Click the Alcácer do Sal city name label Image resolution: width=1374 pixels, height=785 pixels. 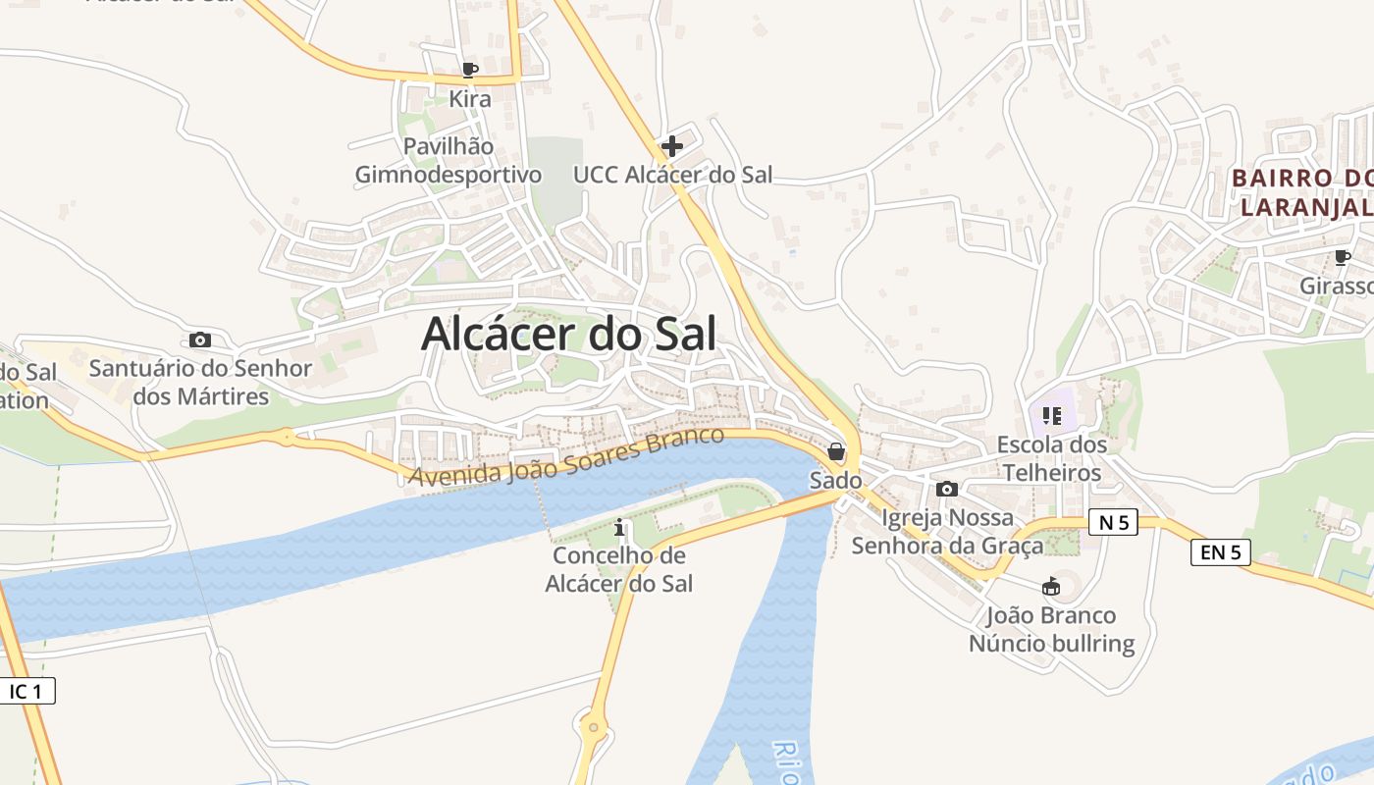point(568,334)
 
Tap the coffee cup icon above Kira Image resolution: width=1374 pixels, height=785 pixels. point(469,70)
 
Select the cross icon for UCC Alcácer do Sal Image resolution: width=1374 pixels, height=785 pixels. point(672,146)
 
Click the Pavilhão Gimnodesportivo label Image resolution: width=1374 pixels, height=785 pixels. point(449,161)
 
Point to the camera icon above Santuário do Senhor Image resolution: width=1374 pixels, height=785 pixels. point(200,340)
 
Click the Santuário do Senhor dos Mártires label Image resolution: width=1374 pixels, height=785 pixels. point(200,383)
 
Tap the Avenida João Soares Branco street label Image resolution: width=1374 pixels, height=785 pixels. point(567,457)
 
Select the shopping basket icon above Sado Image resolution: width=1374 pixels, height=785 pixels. point(836,451)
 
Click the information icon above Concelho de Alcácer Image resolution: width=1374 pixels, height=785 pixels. point(619,528)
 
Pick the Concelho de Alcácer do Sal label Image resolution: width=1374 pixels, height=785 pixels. point(619,569)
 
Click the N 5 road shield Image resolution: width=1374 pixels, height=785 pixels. point(1113,523)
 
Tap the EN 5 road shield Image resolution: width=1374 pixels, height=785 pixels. point(1221,552)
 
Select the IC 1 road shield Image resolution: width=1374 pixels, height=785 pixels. point(26,691)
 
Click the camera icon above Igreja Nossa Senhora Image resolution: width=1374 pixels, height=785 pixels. point(947,489)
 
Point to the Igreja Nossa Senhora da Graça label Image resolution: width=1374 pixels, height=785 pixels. point(947,531)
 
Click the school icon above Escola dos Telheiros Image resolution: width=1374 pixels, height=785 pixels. point(1052,416)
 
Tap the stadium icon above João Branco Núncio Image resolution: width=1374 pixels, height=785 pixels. point(1051,587)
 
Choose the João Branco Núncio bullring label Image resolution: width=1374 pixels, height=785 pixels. point(1051,630)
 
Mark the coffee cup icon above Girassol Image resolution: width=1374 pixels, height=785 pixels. point(1342,257)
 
